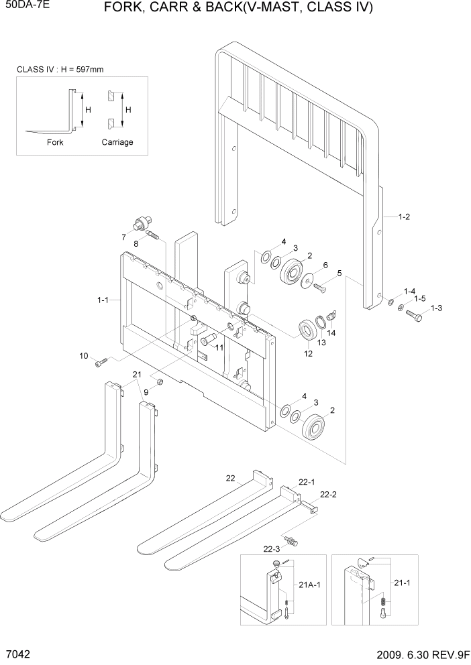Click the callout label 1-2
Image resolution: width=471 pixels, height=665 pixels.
pyautogui.click(x=404, y=217)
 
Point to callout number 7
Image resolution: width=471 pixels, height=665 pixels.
pyautogui.click(x=123, y=237)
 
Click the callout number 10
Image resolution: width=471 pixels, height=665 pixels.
pyautogui.click(x=84, y=355)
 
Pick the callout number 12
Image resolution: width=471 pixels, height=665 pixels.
pyautogui.click(x=308, y=353)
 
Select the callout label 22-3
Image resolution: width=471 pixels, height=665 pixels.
pyautogui.click(x=272, y=549)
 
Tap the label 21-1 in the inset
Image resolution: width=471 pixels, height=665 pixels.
pyautogui.click(x=405, y=585)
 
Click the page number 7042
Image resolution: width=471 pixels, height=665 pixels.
pyautogui.click(x=16, y=652)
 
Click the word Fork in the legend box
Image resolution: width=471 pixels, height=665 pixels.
pyautogui.click(x=55, y=142)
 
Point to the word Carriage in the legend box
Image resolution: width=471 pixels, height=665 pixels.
pyautogui.click(x=117, y=142)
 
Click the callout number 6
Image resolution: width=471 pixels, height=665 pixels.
pyautogui.click(x=325, y=265)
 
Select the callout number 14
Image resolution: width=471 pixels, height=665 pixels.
pyautogui.click(x=331, y=332)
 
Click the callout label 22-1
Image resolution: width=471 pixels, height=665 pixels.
pyautogui.click(x=307, y=482)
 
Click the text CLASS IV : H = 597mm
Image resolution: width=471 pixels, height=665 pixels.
pyautogui.click(x=60, y=69)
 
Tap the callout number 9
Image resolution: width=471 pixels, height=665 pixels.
pyautogui.click(x=145, y=391)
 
